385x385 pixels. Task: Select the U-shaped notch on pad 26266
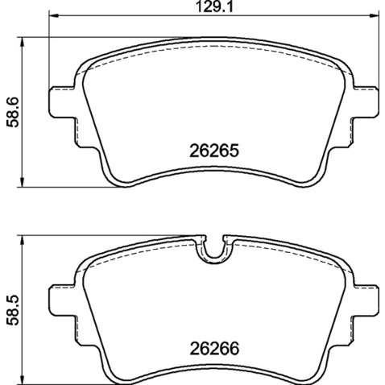(x=212, y=250)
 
